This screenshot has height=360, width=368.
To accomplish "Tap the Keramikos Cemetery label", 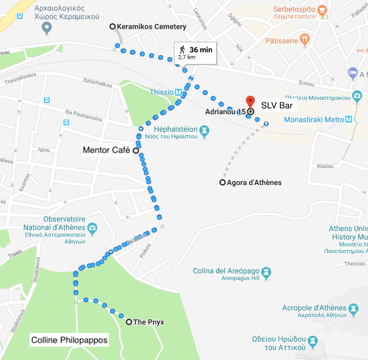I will (151, 26).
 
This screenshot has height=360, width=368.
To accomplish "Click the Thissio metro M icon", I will (179, 92).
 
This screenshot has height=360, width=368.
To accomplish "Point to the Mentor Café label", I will (106, 150).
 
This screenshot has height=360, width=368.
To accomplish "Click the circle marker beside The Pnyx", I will (128, 321).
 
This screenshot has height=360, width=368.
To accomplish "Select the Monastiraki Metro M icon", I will (348, 119).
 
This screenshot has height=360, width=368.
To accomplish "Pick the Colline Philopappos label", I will (69, 340).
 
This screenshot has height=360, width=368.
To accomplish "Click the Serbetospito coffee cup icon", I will (321, 10).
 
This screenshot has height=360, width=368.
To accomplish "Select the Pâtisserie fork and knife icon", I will (304, 40).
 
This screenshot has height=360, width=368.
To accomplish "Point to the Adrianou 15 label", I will (225, 112).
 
